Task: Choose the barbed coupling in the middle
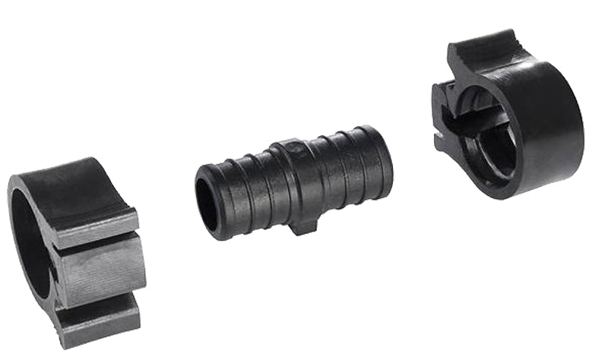[x=296, y=182]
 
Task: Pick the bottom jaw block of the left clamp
[x=99, y=323]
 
